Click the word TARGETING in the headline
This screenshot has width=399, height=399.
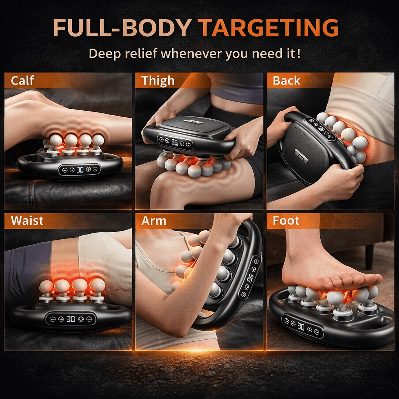[268, 28]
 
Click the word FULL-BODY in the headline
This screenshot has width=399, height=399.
[122, 28]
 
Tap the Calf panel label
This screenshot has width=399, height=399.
[22, 81]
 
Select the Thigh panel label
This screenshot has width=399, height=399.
[158, 81]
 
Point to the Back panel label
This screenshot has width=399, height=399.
[286, 81]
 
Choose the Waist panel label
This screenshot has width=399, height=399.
[27, 221]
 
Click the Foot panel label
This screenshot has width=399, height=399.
[286, 221]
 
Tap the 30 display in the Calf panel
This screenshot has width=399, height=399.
[80, 170]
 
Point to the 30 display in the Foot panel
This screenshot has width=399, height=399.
[301, 327]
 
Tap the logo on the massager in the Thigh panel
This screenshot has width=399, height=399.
[193, 122]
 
